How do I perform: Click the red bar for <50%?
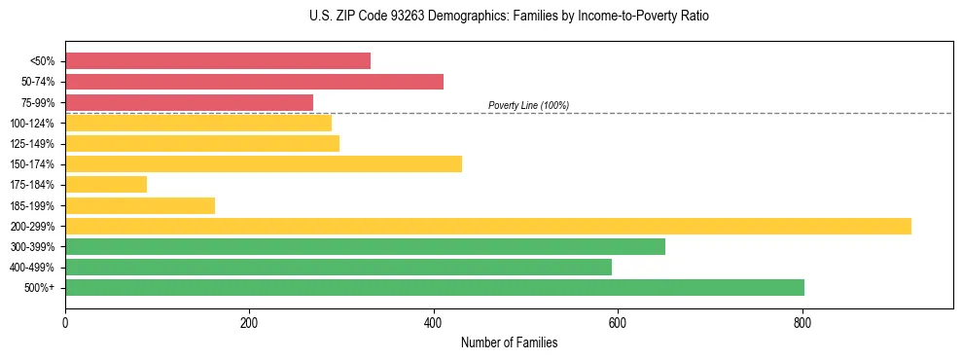[218, 60]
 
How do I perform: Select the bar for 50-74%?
[254, 82]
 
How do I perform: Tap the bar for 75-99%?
[189, 102]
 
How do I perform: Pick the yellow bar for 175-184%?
[106, 185]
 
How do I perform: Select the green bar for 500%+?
[435, 287]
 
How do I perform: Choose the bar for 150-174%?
[264, 163]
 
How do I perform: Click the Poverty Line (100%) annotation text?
[528, 105]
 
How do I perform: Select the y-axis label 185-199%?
[37, 205]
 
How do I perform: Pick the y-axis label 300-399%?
[37, 246]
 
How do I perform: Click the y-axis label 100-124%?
[37, 123]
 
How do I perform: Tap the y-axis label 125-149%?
[37, 144]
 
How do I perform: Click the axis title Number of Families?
[509, 342]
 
